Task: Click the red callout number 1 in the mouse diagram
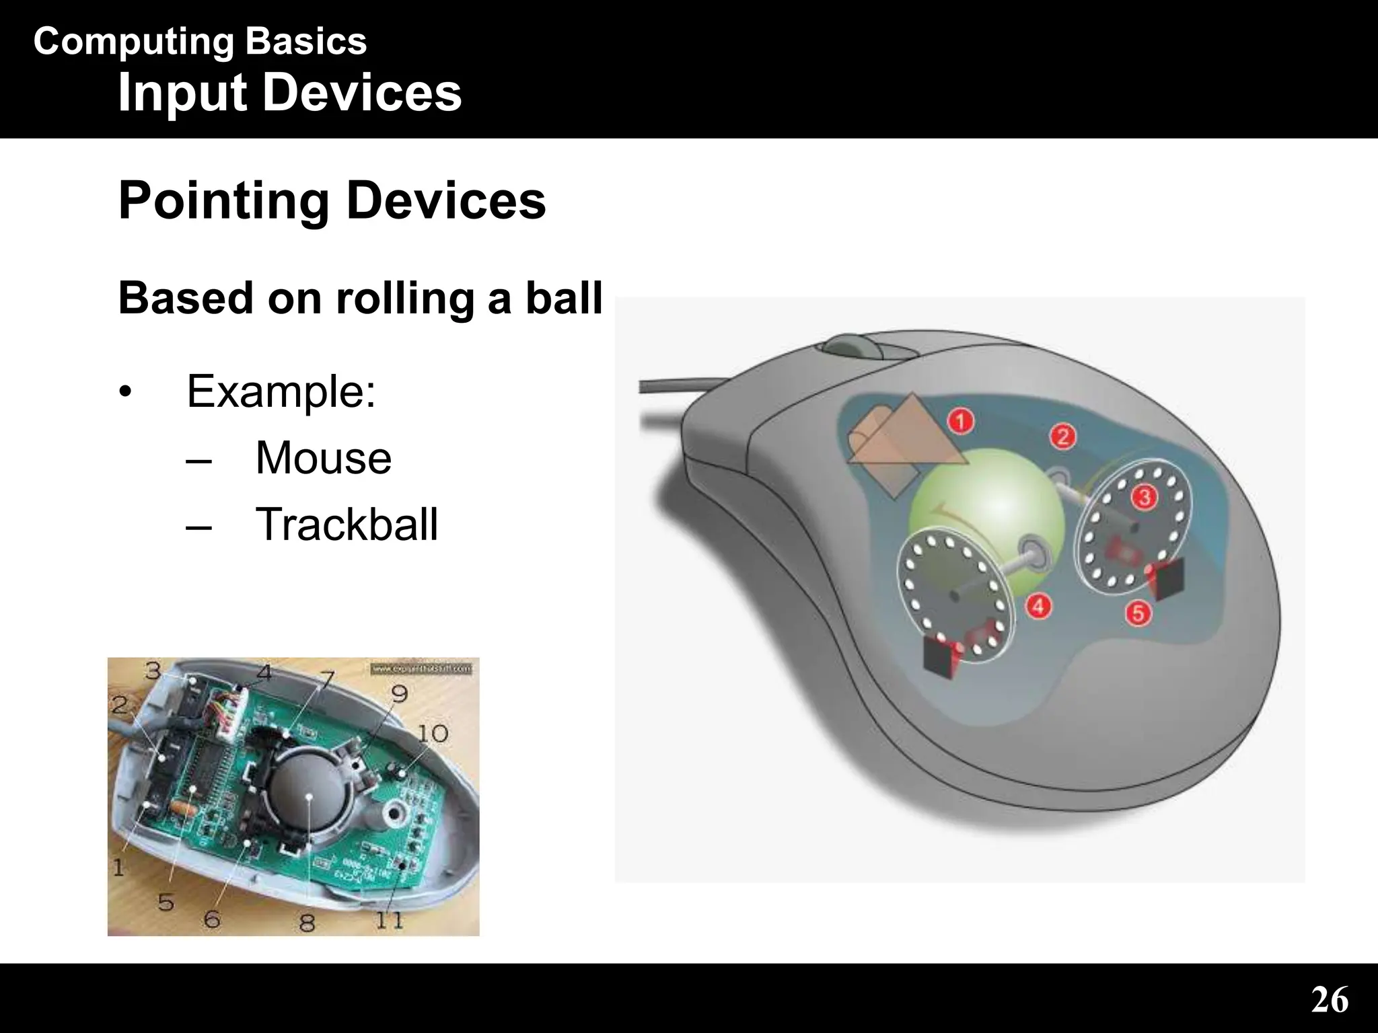[x=962, y=421]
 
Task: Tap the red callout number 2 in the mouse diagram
[x=1063, y=437]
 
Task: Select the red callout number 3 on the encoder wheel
[x=1144, y=498]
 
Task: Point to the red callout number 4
[x=1038, y=606]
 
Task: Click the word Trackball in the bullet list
[x=347, y=524]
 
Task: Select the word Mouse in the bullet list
[x=323, y=458]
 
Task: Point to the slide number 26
[x=1329, y=1000]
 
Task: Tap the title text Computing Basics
[x=200, y=42]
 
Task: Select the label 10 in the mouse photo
[x=433, y=732]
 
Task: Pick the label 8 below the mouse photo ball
[x=307, y=921]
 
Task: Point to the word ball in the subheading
[x=563, y=298]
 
